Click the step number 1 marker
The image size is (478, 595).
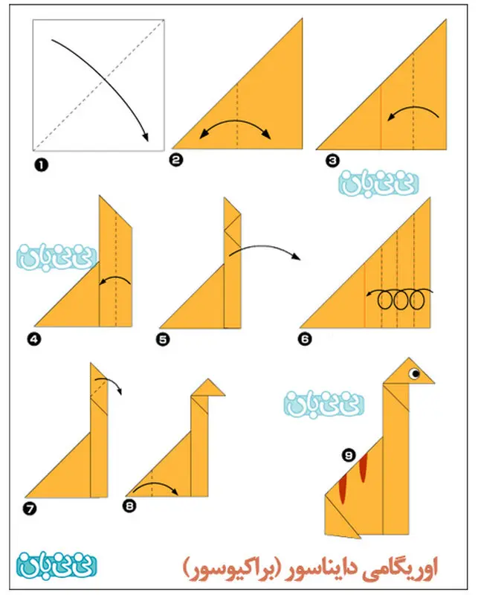click(42, 165)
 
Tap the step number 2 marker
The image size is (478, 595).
click(176, 160)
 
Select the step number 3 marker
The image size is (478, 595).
click(332, 161)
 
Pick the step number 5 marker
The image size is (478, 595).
click(163, 339)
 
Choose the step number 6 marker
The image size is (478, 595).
click(305, 338)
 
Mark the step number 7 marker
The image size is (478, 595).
click(30, 509)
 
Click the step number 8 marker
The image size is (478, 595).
click(130, 506)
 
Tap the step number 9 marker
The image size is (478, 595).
click(349, 454)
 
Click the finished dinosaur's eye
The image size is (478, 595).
click(415, 374)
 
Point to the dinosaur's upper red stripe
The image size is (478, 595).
click(364, 468)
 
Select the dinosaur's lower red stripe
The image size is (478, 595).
click(343, 489)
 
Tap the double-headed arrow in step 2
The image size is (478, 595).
click(235, 122)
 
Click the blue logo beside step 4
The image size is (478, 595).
click(57, 258)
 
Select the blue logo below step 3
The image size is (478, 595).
click(378, 184)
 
